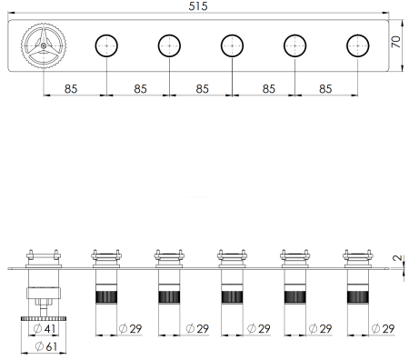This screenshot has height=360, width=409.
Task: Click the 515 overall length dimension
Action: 198,6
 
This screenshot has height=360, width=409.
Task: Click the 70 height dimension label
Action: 395,42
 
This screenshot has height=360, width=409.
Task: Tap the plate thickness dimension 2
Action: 397,258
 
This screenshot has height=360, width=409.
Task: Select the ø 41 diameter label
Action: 45,328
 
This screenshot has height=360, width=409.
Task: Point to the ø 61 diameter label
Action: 46,346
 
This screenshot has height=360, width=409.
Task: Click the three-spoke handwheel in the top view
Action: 44,45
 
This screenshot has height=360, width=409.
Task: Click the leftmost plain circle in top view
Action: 106,45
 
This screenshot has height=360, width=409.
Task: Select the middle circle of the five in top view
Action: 232,45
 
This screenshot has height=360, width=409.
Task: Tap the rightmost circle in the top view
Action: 358,45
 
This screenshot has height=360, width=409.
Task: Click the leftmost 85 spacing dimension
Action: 71,89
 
